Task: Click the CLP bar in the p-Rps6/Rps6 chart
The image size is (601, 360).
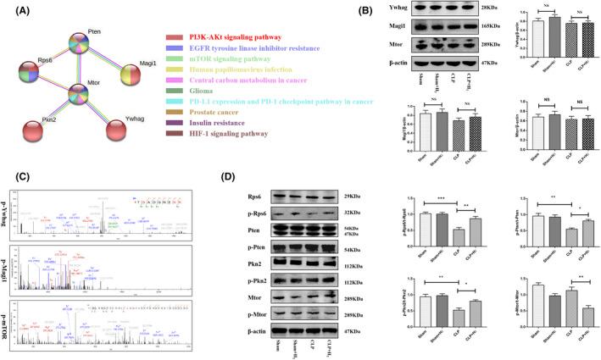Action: pos(459,235)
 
